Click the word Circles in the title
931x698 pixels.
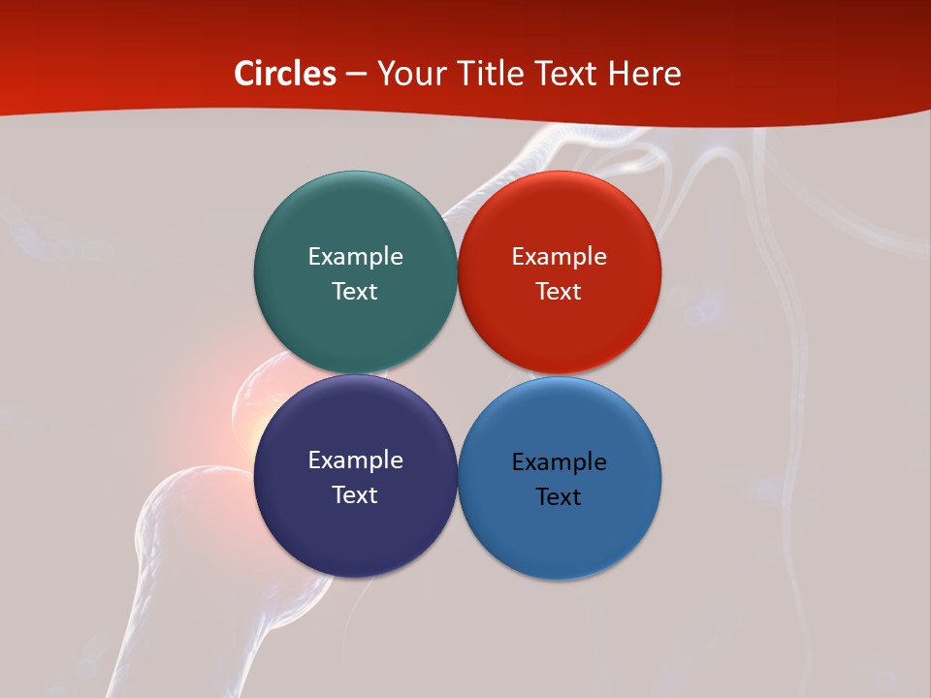pos(285,74)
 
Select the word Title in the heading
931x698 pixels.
pos(490,74)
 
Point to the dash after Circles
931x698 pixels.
pos(356,75)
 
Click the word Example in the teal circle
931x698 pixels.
pos(355,256)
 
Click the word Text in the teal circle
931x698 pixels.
pos(355,291)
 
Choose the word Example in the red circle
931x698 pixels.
pos(560,256)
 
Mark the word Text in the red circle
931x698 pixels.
pos(560,291)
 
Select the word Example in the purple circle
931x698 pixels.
pos(355,460)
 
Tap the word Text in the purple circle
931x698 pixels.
pos(355,494)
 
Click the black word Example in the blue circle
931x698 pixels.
pos(560,461)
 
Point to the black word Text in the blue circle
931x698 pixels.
pos(560,496)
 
